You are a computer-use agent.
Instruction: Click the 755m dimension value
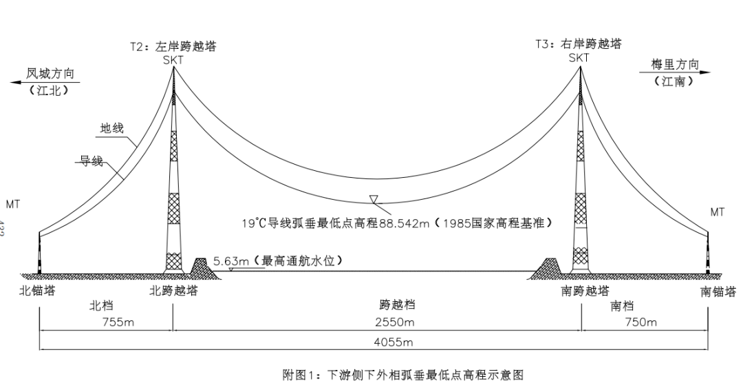118,322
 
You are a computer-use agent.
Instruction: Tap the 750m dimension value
640,322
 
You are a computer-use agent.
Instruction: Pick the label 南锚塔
718,291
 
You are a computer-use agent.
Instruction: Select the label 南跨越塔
585,291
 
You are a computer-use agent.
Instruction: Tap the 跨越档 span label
397,305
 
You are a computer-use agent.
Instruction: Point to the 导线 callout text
90,161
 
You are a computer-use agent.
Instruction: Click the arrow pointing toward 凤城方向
21,81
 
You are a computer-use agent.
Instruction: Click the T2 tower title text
173,47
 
